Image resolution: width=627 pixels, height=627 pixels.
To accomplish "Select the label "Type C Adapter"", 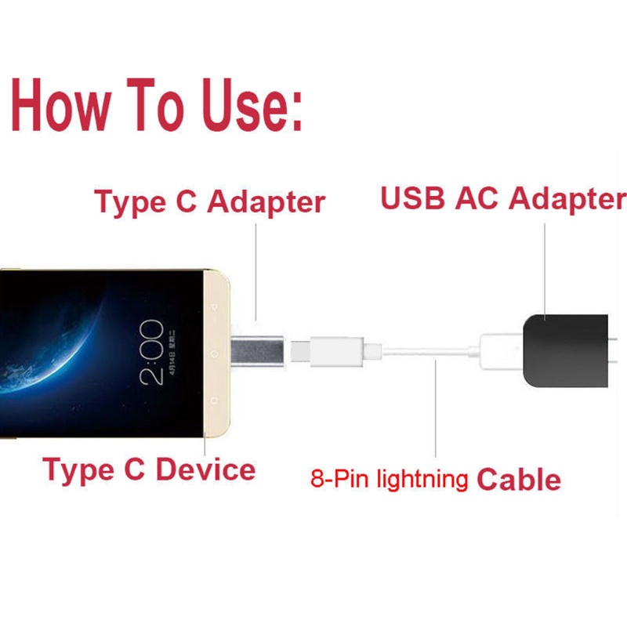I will (x=209, y=201).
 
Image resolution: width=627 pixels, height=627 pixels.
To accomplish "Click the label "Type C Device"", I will (x=149, y=469).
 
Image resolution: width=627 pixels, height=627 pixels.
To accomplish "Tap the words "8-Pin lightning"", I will (x=390, y=479).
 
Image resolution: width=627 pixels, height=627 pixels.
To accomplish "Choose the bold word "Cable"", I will (x=519, y=479).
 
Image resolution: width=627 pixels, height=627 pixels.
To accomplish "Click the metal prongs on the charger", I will (x=615, y=353).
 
